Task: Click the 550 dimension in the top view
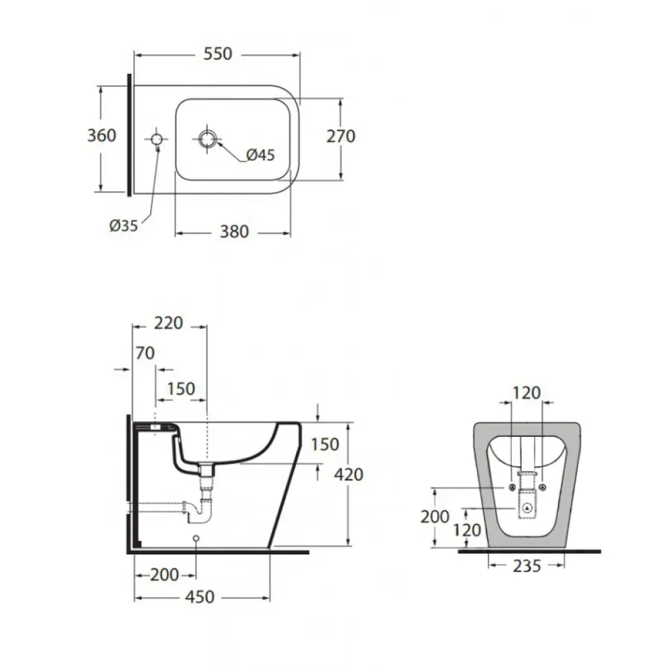218,54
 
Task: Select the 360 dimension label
102,135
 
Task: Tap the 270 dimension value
340,137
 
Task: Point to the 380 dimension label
234,232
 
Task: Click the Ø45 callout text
261,155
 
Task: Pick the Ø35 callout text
123,225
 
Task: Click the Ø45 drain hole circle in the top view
208,138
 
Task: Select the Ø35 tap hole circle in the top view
157,139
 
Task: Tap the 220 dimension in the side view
169,323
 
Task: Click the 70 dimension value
145,353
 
